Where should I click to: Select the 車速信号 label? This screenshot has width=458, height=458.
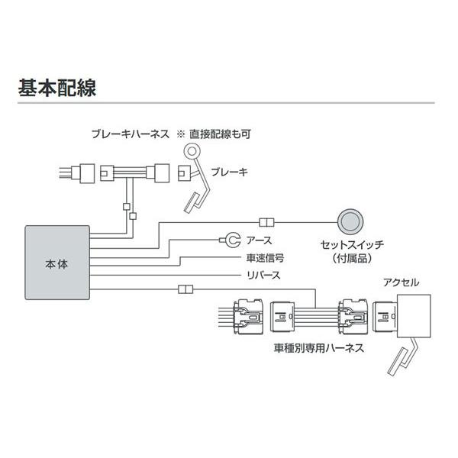(x=263, y=258)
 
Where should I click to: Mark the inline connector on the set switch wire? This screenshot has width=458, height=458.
(x=266, y=223)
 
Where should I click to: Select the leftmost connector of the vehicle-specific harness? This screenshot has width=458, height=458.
(x=248, y=314)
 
